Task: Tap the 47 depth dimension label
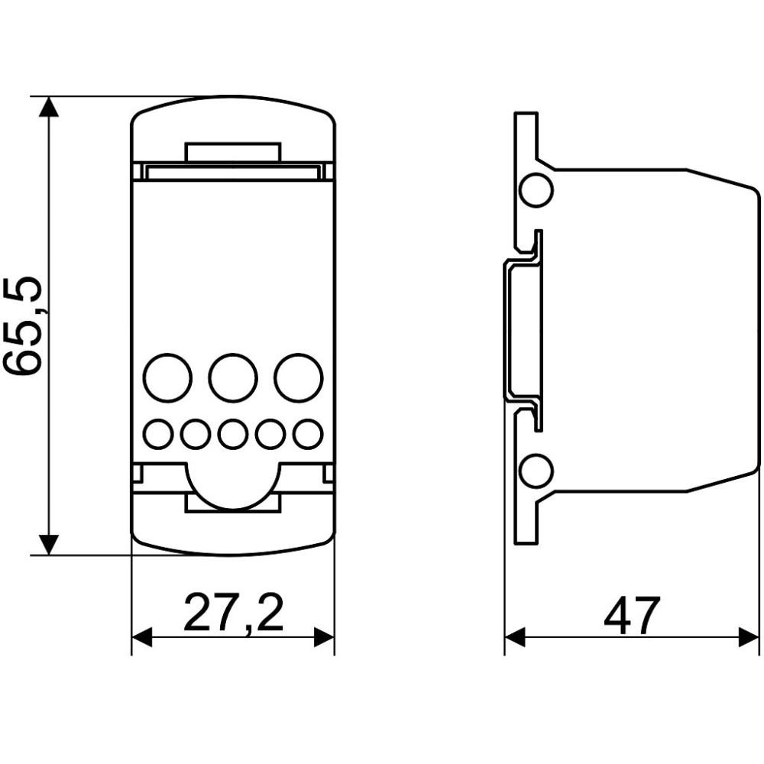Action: click(x=632, y=615)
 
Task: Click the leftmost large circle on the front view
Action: click(x=168, y=378)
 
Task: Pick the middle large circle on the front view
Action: click(x=233, y=378)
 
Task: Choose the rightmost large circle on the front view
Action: click(x=298, y=378)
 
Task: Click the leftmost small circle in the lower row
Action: click(x=158, y=433)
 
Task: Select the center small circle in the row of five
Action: click(x=233, y=433)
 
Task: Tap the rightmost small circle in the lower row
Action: click(x=308, y=433)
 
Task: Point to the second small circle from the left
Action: click(x=196, y=433)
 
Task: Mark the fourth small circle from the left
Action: click(x=270, y=433)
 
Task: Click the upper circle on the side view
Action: click(x=536, y=190)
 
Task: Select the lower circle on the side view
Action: click(x=536, y=471)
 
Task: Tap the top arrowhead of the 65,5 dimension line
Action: click(x=48, y=107)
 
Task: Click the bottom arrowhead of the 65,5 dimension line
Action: click(x=48, y=545)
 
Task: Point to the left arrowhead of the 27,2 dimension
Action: click(x=142, y=637)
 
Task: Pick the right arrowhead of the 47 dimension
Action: click(x=749, y=637)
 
